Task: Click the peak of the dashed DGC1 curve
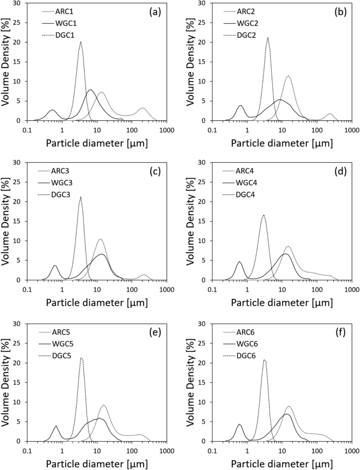tap(80, 42)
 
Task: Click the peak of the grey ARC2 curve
tap(288, 76)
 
